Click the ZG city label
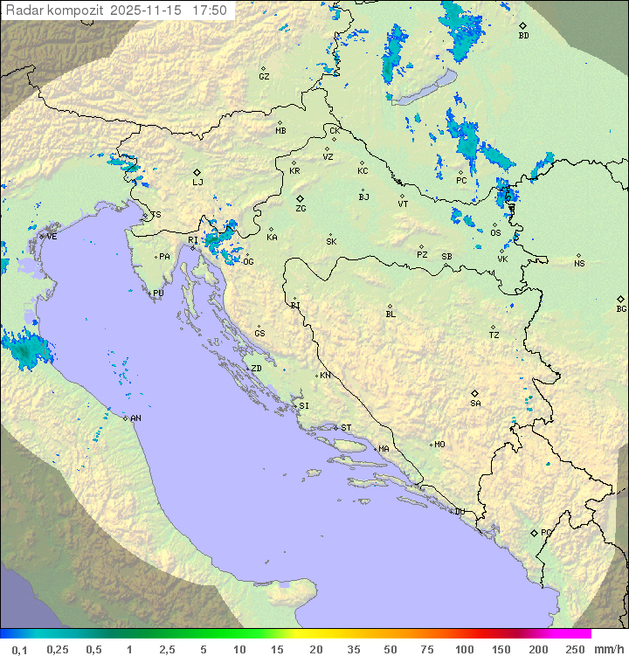pos(301,209)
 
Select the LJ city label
pos(197,183)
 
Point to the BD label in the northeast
pos(523,36)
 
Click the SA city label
pos(475,404)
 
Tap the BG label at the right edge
pos(621,308)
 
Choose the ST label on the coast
pos(346,428)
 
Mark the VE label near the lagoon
pos(52,237)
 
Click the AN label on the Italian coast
pos(136,418)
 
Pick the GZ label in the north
pos(264,77)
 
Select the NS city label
pos(579,264)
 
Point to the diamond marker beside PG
pos(534,532)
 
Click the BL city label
pos(391,314)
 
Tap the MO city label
pos(439,445)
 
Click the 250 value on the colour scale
pos(575,649)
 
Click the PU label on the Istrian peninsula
pos(158,293)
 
